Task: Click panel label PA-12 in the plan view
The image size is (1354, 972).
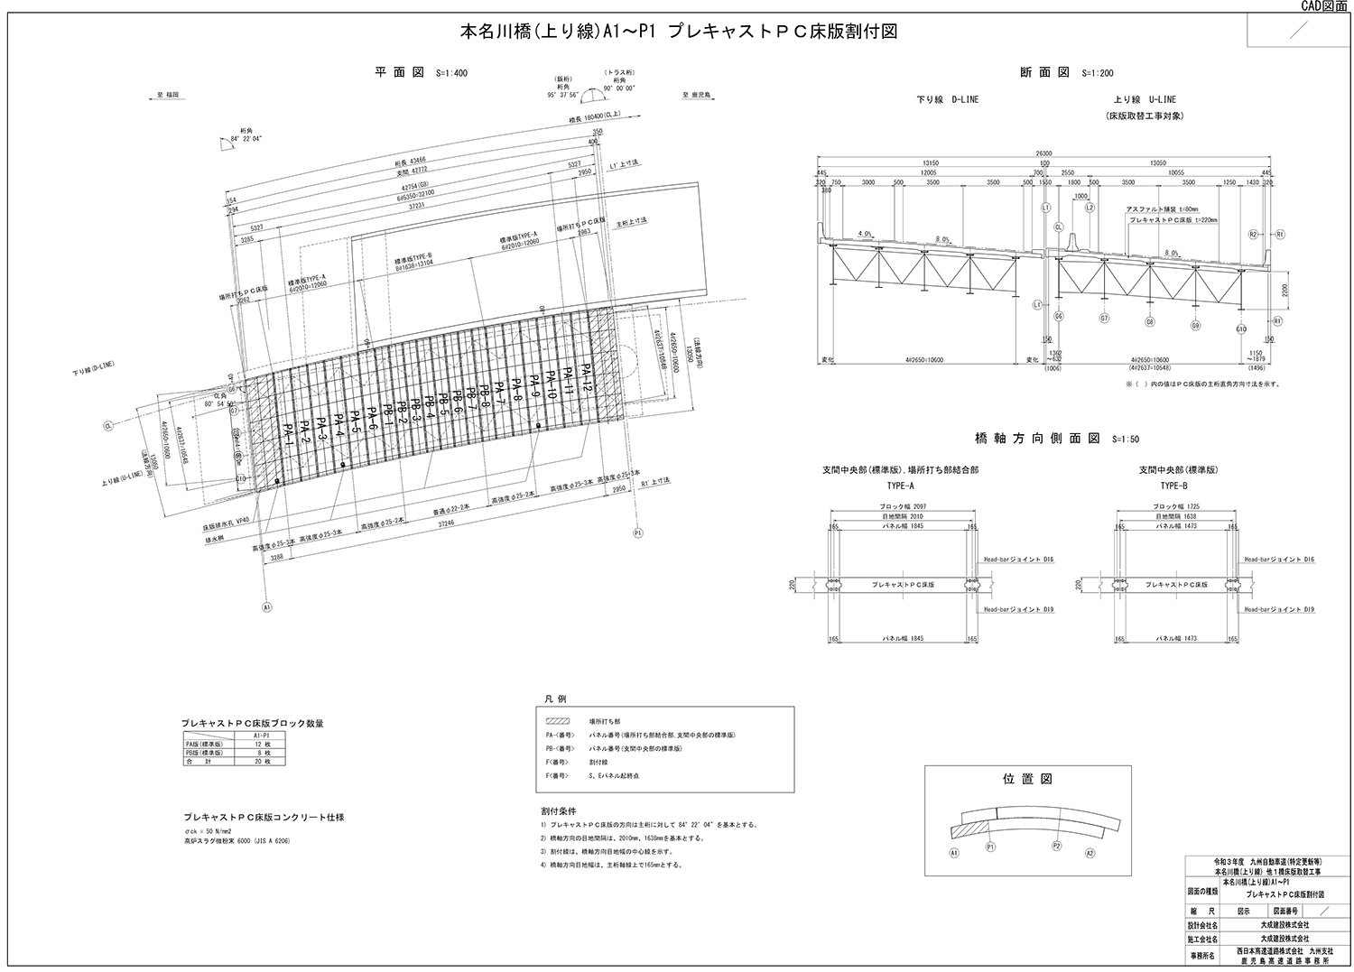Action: pos(587,376)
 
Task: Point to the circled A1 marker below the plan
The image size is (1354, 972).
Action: pos(267,607)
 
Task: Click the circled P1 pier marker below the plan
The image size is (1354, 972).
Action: pos(638,532)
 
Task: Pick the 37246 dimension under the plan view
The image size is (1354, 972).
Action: pos(446,522)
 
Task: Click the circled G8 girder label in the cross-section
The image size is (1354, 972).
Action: pos(1150,321)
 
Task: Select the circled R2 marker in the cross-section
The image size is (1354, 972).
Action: pos(1252,234)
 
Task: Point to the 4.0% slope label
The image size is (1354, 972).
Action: pos(865,234)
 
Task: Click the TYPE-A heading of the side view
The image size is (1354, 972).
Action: pos(900,485)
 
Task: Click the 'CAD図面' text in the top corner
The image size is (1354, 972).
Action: pos(1323,5)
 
